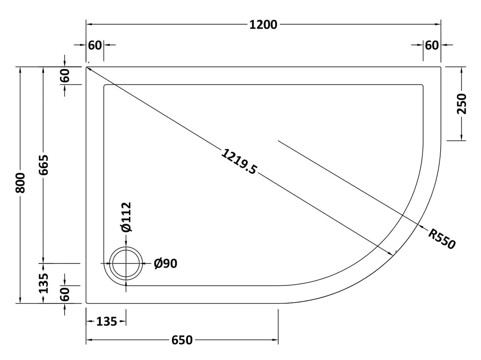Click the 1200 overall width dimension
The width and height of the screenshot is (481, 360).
pyautogui.click(x=263, y=25)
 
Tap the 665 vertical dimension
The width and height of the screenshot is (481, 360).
pyautogui.click(x=44, y=165)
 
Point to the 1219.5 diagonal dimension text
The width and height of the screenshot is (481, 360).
pyautogui.click(x=239, y=161)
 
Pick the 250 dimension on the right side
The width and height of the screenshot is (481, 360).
pyautogui.click(x=462, y=104)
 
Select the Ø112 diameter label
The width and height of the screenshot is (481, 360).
pyautogui.click(x=126, y=217)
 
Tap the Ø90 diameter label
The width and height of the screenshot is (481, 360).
pyautogui.click(x=165, y=263)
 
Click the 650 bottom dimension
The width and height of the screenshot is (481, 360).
pyautogui.click(x=182, y=340)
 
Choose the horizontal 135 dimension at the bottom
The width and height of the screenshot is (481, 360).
pyautogui.click(x=107, y=322)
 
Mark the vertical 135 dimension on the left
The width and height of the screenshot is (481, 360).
pyautogui.click(x=44, y=283)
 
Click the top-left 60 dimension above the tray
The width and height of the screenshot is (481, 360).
pyautogui.click(x=95, y=45)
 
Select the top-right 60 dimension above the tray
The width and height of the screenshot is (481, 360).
pyautogui.click(x=432, y=45)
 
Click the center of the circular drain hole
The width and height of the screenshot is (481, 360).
pyautogui.click(x=126, y=263)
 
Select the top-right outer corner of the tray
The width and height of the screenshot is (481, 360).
pyautogui.click(x=440, y=67)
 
